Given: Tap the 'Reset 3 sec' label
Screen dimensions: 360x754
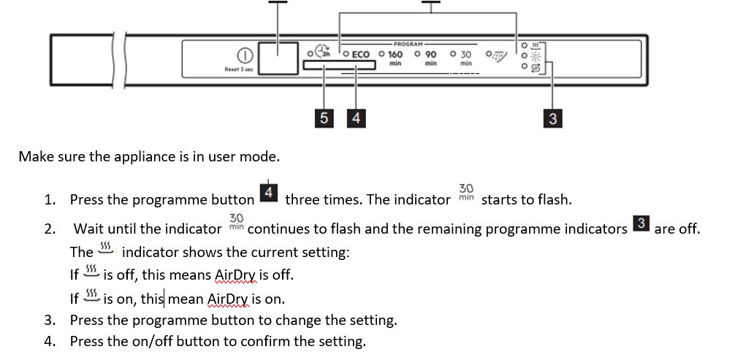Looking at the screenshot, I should pyautogui.click(x=239, y=69).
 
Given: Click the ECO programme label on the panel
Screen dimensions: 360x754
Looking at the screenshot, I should pyautogui.click(x=361, y=55).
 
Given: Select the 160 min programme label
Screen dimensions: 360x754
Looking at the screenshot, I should pyautogui.click(x=395, y=55).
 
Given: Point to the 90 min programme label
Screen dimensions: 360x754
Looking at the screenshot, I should pyautogui.click(x=430, y=55).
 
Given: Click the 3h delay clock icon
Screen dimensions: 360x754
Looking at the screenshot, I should pyautogui.click(x=323, y=53).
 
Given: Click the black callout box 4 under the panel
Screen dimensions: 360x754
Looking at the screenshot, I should pyautogui.click(x=356, y=118).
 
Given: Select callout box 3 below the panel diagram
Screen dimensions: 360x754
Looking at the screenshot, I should pyautogui.click(x=553, y=118).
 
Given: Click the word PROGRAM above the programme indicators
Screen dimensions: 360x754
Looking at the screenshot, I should pyautogui.click(x=408, y=45).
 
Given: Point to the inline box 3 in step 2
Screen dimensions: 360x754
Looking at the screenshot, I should pyautogui.click(x=641, y=224).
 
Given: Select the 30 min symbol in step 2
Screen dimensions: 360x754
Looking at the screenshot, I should pyautogui.click(x=236, y=222).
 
